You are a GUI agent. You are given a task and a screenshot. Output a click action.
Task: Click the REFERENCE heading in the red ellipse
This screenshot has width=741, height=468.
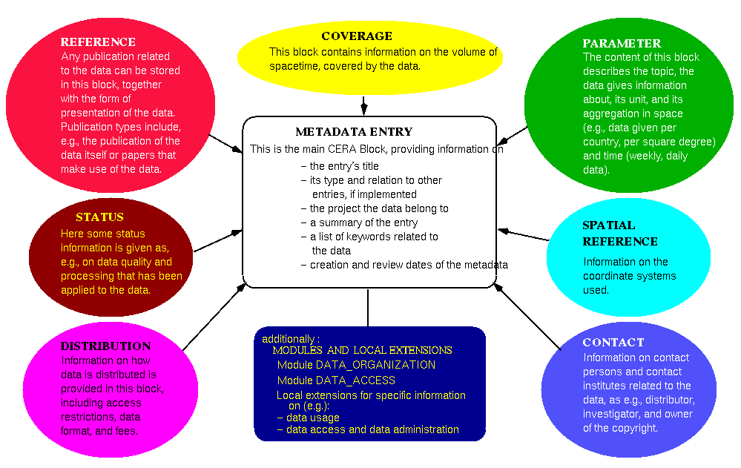98,42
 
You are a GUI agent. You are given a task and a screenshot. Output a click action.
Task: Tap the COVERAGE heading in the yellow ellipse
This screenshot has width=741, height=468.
357,36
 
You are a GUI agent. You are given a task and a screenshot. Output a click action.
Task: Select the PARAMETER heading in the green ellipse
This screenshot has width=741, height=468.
622,43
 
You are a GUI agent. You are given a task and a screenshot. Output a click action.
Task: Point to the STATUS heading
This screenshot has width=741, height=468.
99,217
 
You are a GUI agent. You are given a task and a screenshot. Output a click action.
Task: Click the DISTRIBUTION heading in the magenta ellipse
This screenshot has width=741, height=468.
105,346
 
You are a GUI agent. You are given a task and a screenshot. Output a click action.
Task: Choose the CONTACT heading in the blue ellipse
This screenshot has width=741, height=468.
613,343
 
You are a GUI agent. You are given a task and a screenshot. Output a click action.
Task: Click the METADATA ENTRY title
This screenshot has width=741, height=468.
354,132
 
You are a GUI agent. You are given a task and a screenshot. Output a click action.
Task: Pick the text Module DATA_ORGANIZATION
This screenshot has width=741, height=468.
356,365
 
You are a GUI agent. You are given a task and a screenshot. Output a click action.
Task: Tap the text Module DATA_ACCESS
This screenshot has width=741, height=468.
336,380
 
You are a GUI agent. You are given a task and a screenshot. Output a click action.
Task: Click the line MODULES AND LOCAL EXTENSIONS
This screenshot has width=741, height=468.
362,350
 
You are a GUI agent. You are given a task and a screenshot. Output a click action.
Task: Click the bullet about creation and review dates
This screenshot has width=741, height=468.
408,265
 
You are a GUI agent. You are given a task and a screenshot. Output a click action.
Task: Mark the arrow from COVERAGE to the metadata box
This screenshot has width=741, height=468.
363,105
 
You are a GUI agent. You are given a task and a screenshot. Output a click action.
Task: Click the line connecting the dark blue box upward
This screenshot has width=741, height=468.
368,307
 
